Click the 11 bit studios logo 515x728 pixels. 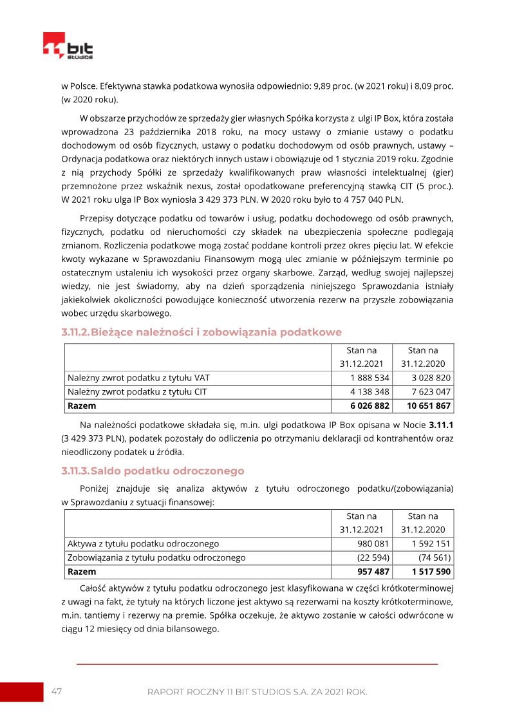(x=68, y=47)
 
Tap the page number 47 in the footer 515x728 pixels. (x=57, y=691)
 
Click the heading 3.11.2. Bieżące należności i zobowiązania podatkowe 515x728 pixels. (x=201, y=332)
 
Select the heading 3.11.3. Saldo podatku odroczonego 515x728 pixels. (x=153, y=471)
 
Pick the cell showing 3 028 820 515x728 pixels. (x=431, y=378)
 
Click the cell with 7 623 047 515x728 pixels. (x=431, y=392)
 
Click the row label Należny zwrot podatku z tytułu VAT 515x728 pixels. (x=139, y=378)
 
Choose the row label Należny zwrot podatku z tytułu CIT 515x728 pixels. (x=138, y=392)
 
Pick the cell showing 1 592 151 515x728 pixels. (x=431, y=543)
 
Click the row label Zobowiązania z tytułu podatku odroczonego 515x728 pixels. (x=156, y=557)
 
